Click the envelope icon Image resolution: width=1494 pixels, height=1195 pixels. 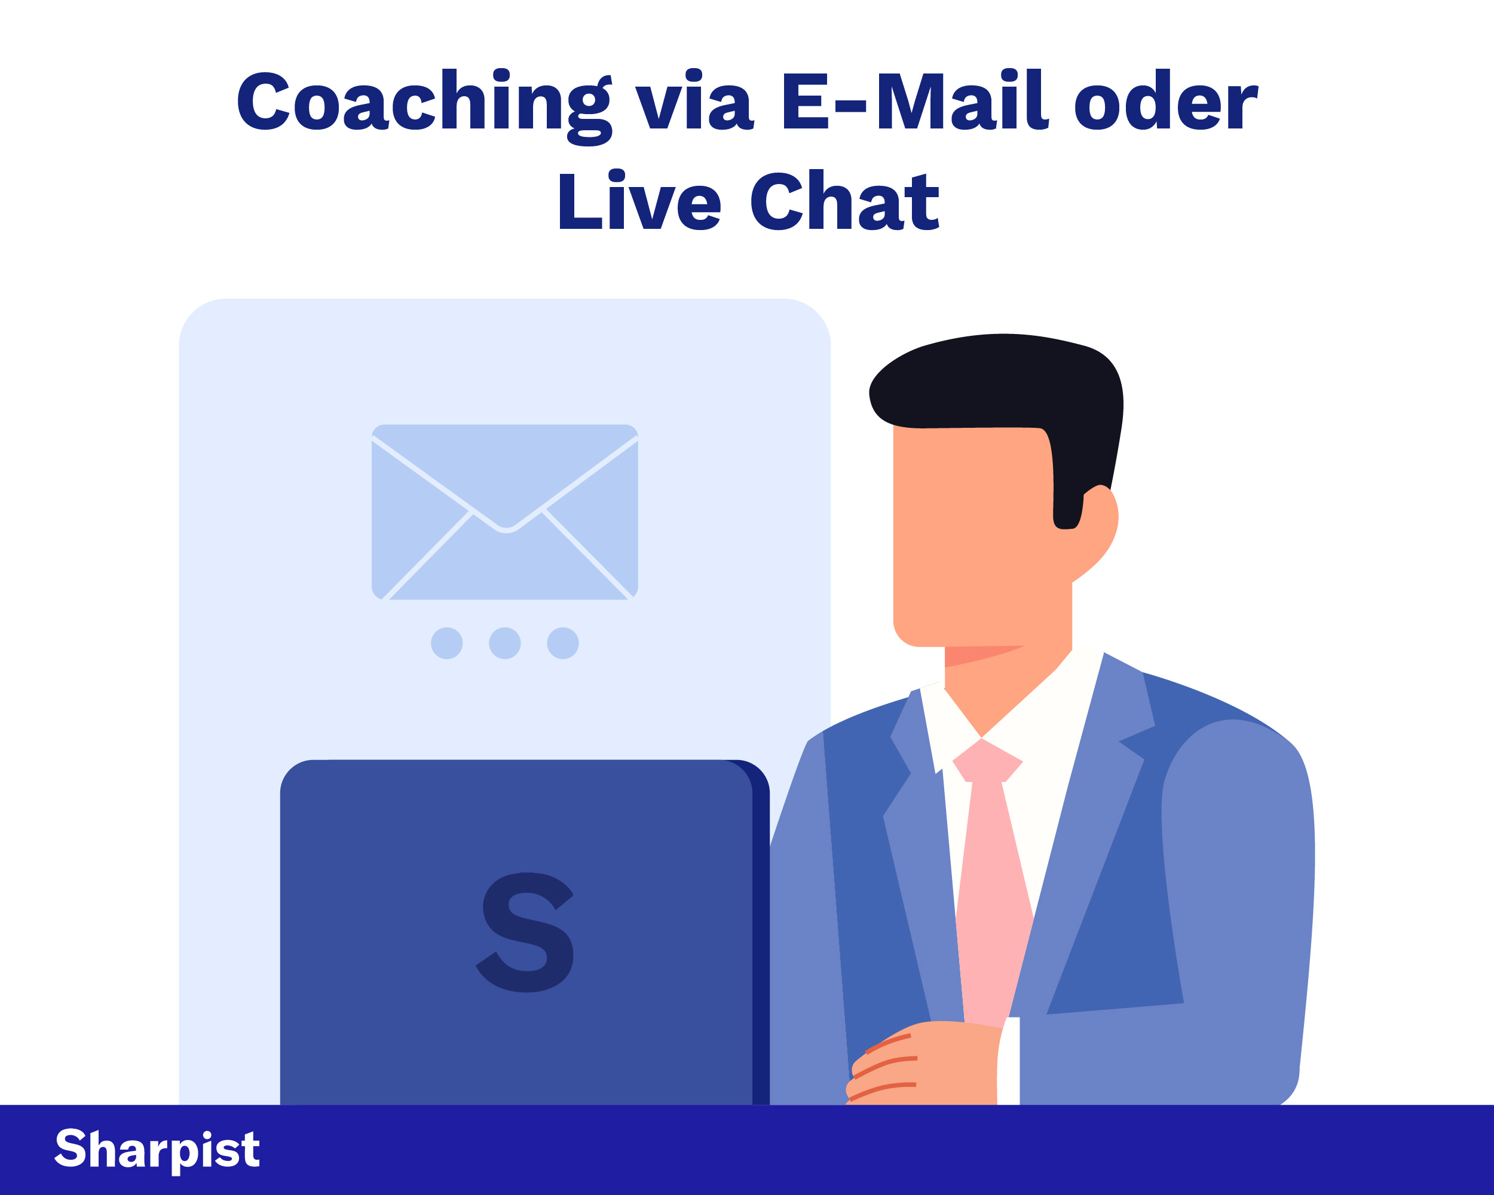click(x=504, y=512)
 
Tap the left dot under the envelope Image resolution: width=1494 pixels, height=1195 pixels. click(x=447, y=643)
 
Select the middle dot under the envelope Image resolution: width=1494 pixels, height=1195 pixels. click(x=504, y=643)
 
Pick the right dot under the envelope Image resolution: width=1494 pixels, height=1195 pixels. click(x=563, y=643)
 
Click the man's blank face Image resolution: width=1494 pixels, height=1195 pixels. click(x=970, y=534)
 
